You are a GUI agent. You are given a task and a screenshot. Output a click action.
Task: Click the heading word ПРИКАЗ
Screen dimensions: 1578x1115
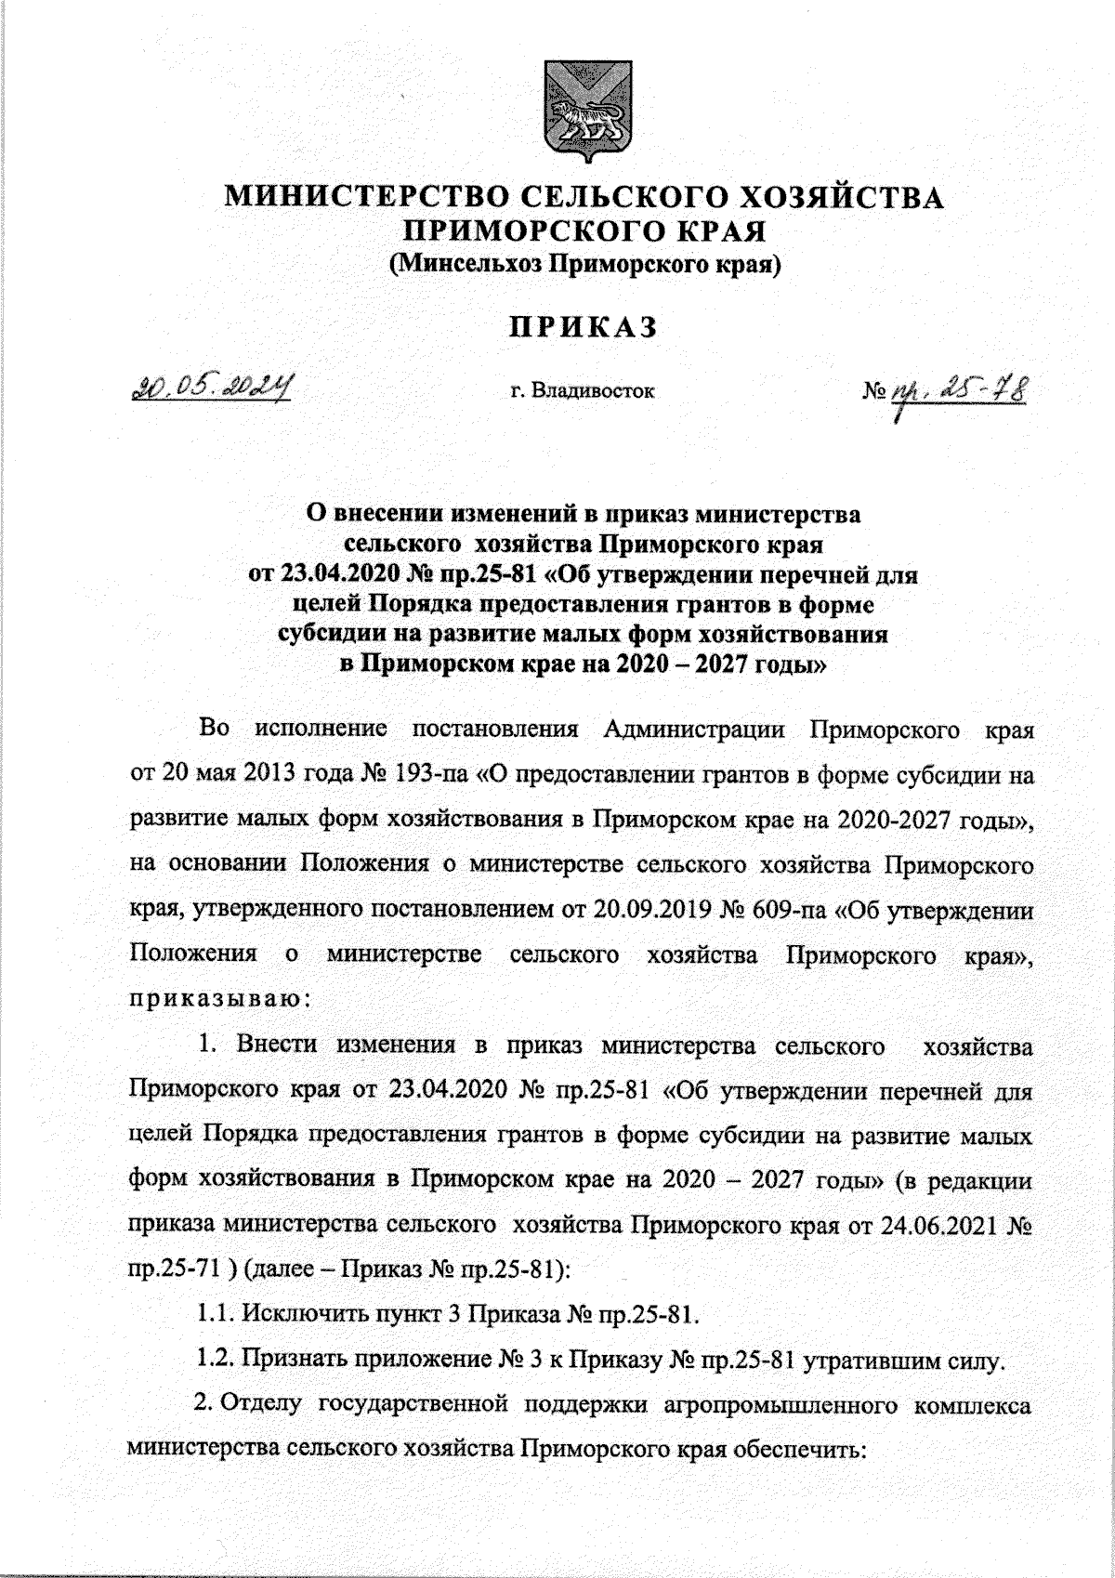click(581, 327)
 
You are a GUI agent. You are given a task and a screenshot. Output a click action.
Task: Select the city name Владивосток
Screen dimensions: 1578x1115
click(595, 391)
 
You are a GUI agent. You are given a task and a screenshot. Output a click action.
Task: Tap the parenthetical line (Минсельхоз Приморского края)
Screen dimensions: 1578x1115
click(584, 266)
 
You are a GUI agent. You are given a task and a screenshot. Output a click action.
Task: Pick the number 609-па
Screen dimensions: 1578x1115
click(787, 912)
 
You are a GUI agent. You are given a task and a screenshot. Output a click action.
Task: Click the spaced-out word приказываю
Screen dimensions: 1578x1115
click(214, 1001)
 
